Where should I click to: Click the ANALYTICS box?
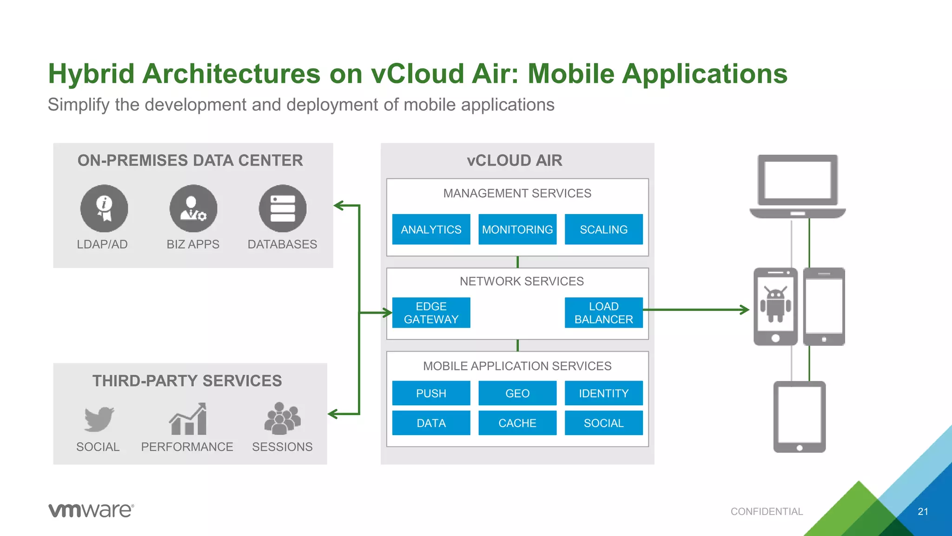pos(431,229)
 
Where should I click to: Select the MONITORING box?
pos(517,229)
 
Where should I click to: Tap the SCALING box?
pos(603,229)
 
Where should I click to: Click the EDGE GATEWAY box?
pos(431,313)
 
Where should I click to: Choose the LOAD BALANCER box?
pos(603,313)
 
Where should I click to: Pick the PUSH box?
pos(431,393)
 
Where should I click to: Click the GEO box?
pos(517,393)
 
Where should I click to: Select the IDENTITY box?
pos(603,393)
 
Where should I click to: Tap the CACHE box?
pos(517,423)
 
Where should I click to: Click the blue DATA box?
pos(431,423)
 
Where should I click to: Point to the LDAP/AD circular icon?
pos(104,208)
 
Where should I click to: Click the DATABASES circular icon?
pos(283,208)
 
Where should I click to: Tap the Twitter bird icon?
pos(99,419)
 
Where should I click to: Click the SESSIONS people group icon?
pos(282,419)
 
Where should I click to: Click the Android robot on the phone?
pos(775,305)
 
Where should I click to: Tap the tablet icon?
pos(800,416)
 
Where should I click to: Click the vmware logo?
pos(91,510)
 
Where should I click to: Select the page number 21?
pos(923,511)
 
